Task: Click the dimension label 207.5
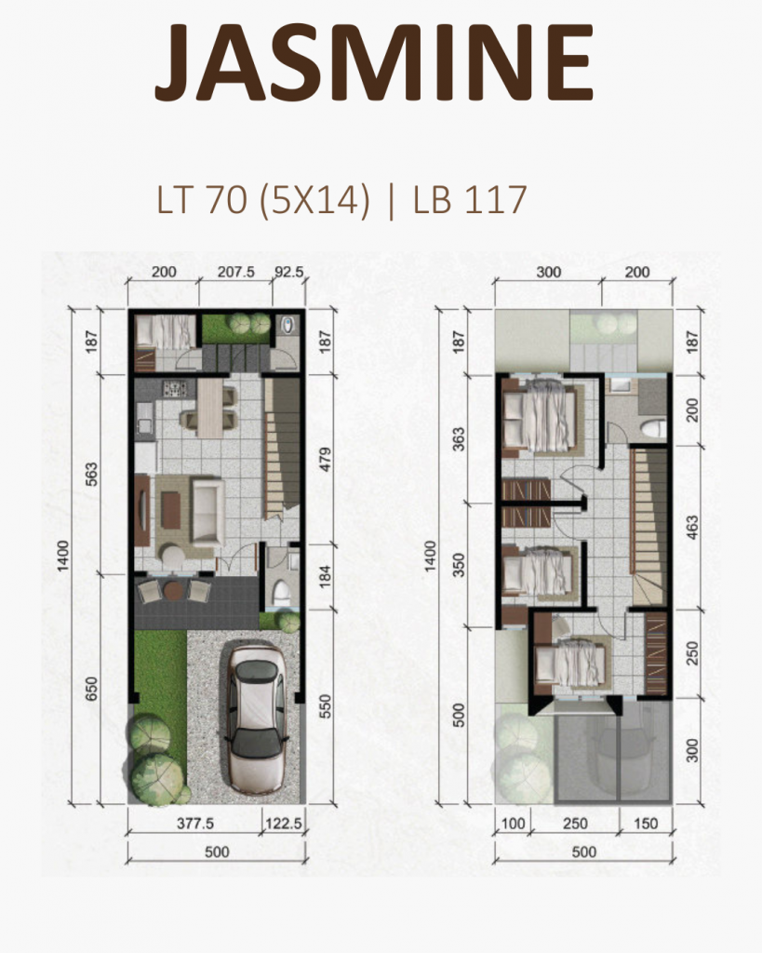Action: click(236, 274)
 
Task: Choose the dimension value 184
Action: click(325, 575)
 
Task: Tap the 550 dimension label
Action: click(325, 712)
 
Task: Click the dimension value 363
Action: click(458, 440)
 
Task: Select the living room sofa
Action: click(206, 510)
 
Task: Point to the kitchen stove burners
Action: click(175, 390)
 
